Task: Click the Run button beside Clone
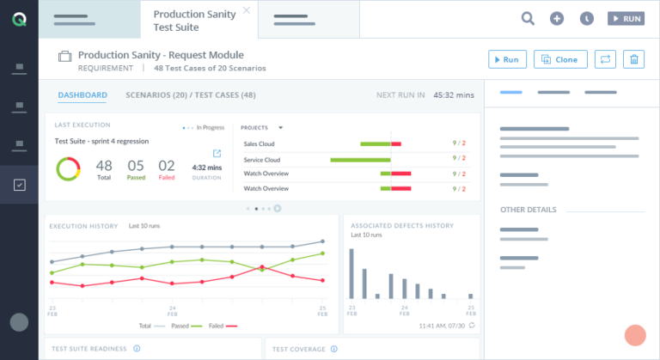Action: [507, 59]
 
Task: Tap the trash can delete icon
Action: [632, 59]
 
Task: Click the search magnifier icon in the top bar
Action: [528, 18]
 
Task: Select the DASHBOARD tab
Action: [82, 95]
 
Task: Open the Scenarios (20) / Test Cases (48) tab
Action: [190, 95]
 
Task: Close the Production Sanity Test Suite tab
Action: [247, 10]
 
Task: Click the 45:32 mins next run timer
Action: [453, 95]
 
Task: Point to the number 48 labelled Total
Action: [104, 167]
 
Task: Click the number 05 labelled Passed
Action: [136, 167]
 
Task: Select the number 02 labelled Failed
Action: [167, 167]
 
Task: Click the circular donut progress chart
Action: [68, 168]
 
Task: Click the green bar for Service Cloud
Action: [360, 159]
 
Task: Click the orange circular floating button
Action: [635, 335]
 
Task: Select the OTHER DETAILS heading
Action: [528, 210]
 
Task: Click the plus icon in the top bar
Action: [557, 18]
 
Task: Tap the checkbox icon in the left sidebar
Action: [19, 184]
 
